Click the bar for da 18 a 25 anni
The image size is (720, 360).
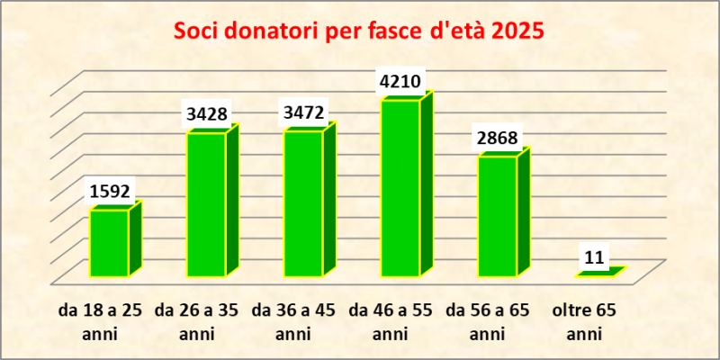(x=109, y=243)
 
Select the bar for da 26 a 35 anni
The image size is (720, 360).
(x=206, y=204)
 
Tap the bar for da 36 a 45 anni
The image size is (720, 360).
(x=302, y=203)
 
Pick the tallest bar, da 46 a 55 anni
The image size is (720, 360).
(x=400, y=188)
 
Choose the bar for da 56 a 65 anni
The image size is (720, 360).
(x=497, y=216)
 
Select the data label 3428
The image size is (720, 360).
(x=208, y=114)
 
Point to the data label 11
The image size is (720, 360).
(x=594, y=257)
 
